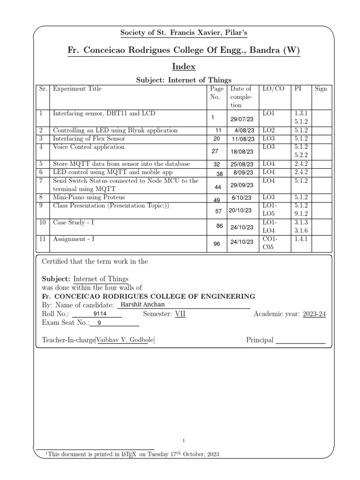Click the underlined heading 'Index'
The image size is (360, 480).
coord(180,66)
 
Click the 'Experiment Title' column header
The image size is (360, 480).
coord(77,89)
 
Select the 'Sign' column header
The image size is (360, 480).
coord(321,89)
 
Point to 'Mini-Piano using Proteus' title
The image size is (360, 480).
coord(89,197)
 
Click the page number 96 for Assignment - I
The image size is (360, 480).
coord(217,244)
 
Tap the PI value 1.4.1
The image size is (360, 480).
coord(299,239)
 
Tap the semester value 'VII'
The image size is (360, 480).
coord(180,314)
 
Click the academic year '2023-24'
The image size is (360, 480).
coord(314,314)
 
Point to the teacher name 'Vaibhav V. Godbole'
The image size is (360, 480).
coord(125,340)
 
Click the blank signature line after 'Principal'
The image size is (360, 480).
coord(300,341)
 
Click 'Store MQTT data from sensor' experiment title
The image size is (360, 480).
coord(121,164)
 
